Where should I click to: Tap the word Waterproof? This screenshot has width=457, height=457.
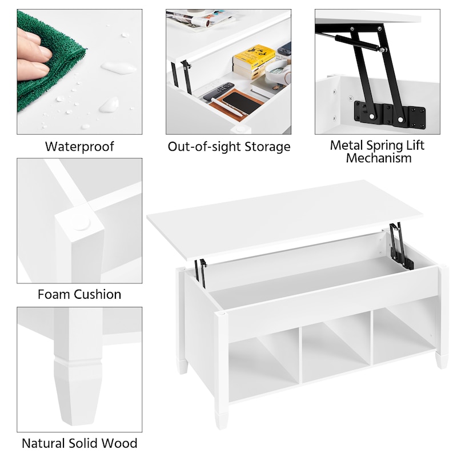click(79, 146)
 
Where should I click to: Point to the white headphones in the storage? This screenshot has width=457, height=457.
click(277, 72)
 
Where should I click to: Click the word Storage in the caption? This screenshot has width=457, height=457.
click(267, 147)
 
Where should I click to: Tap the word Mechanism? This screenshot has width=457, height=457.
click(379, 158)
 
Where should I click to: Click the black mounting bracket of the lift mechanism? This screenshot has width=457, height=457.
click(390, 113)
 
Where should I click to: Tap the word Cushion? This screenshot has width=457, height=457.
click(97, 294)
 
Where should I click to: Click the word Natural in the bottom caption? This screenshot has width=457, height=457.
click(43, 443)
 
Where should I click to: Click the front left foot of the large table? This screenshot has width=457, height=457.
click(221, 420)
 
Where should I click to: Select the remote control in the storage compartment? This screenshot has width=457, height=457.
click(219, 91)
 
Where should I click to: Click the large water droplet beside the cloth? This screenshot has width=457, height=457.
click(119, 68)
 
